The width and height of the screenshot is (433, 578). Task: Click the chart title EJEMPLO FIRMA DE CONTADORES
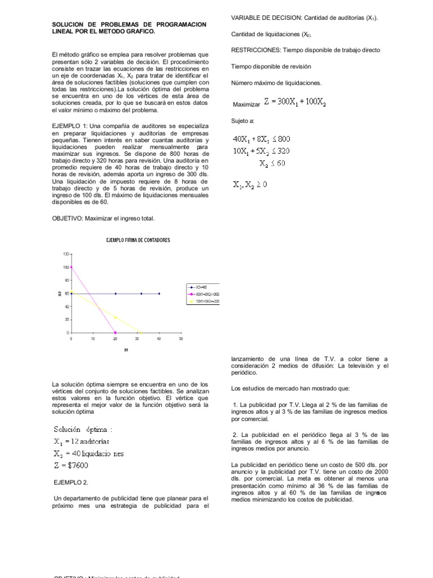click(x=138, y=240)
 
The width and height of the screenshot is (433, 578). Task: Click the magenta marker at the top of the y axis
click(x=71, y=267)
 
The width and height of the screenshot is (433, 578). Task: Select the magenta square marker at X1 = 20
click(x=115, y=332)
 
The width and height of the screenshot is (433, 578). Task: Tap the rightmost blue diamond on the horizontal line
click(x=159, y=294)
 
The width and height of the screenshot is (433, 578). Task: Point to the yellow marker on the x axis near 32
click(x=142, y=332)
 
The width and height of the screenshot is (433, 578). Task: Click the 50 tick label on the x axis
click(x=181, y=339)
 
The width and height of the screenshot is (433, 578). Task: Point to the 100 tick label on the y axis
click(x=65, y=267)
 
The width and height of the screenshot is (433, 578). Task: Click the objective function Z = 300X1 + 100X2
click(x=294, y=103)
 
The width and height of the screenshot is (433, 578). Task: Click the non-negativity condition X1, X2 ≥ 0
click(x=250, y=185)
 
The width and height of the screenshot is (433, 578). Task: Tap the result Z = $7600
click(x=71, y=466)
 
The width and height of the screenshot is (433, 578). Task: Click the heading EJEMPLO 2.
click(x=71, y=483)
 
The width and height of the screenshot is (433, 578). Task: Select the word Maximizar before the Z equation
click(x=247, y=105)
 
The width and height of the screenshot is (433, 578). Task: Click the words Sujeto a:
click(x=243, y=121)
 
